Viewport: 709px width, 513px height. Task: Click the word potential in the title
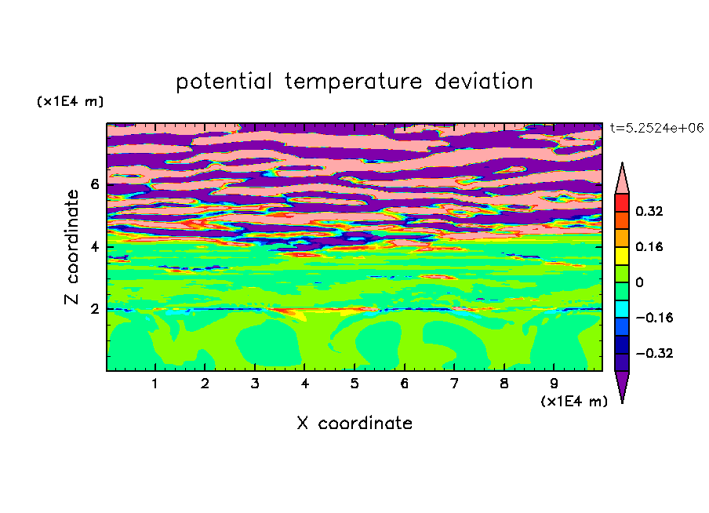[x=224, y=82]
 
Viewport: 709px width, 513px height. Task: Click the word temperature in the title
[x=353, y=82]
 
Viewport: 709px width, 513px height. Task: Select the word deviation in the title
[x=483, y=82]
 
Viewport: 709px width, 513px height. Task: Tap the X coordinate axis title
[x=354, y=423]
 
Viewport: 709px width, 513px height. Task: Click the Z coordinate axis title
[x=71, y=246]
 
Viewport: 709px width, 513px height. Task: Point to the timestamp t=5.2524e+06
[x=656, y=128]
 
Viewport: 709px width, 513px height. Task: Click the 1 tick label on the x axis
[x=155, y=384]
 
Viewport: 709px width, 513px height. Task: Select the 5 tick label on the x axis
[x=354, y=384]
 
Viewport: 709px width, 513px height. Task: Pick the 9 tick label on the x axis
[x=554, y=384]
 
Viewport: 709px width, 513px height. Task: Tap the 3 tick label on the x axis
[x=255, y=384]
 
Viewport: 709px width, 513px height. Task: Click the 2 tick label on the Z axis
[x=94, y=309]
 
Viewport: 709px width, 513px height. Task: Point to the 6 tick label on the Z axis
[x=94, y=184]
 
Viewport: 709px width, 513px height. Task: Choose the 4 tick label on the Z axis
[x=94, y=247]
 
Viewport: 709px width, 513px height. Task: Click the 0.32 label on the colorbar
[x=649, y=211]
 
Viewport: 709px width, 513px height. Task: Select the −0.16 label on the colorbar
[x=654, y=318]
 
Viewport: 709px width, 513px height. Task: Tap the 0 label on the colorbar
[x=639, y=282]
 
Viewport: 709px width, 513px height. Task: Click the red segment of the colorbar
[x=622, y=202]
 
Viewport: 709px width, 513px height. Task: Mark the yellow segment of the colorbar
[x=622, y=256]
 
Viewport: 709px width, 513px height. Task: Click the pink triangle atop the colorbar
[x=622, y=180]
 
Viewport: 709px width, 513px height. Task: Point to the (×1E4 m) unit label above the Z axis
[x=70, y=101]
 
